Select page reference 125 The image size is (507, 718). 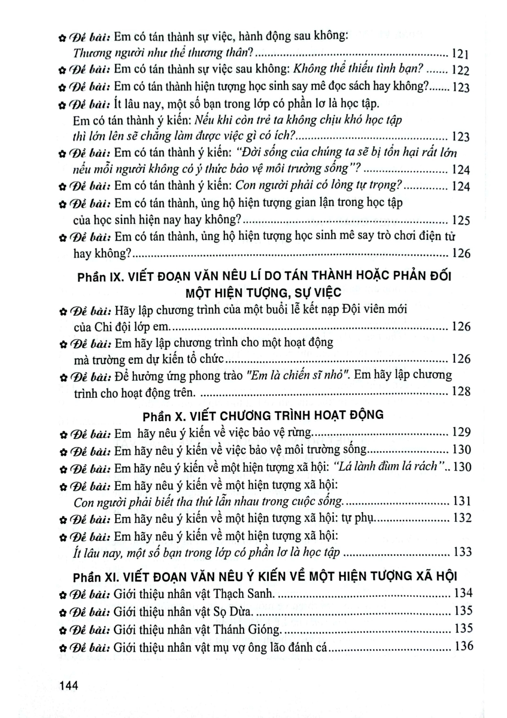click(x=461, y=220)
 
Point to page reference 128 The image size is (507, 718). click(x=461, y=392)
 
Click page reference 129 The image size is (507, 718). click(x=462, y=432)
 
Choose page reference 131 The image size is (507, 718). click(x=462, y=501)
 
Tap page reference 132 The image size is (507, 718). click(x=462, y=518)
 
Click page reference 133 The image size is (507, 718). click(x=462, y=552)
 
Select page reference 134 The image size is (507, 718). click(x=463, y=593)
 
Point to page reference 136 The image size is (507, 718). click(x=463, y=646)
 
